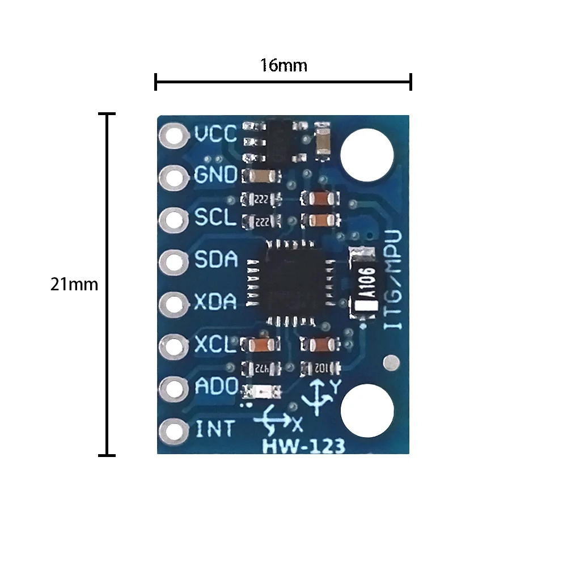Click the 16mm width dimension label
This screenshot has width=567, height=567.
283,66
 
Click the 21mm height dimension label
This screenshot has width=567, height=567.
74,284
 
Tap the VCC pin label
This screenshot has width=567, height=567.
215,134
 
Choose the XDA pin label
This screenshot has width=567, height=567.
215,302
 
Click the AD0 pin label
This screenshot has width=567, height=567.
215,387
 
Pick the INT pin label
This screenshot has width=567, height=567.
214,429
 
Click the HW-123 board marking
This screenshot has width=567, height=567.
303,446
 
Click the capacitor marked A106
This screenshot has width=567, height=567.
365,283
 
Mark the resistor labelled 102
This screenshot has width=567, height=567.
320,368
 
